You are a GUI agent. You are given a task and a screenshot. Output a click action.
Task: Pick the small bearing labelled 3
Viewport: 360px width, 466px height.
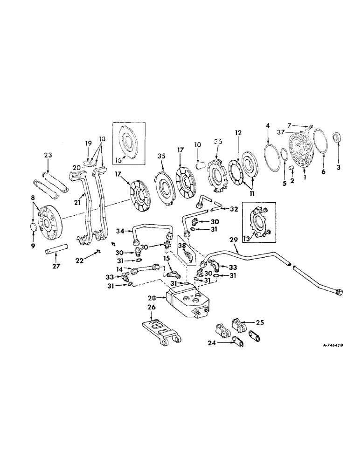(x=338, y=138)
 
